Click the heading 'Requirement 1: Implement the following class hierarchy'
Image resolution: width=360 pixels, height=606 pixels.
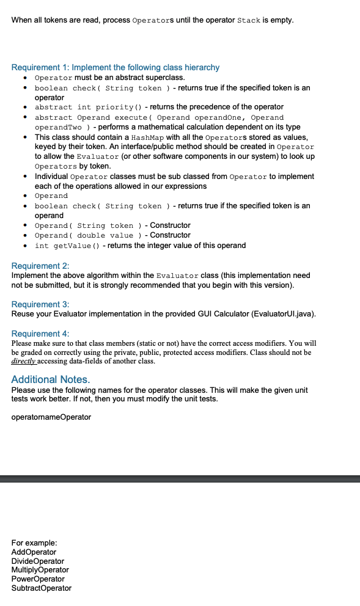coord(116,67)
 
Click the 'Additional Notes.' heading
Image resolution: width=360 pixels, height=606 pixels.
coord(51,379)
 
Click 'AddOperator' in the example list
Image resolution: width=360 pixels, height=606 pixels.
coord(34,552)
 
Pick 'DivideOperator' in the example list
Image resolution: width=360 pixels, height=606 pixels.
coord(38,561)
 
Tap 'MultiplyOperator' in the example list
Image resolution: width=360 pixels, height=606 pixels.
coord(40,570)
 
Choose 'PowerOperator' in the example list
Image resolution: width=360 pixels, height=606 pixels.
coord(38,579)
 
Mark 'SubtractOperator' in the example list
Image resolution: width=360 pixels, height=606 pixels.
coord(42,588)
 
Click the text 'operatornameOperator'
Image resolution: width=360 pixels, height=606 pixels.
coord(51,417)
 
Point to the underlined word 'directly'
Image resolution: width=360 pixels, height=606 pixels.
coord(24,362)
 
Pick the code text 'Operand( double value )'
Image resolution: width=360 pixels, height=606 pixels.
coord(87,235)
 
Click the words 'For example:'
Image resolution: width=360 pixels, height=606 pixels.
coord(35,542)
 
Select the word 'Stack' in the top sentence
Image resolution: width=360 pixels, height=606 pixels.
coord(249,21)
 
